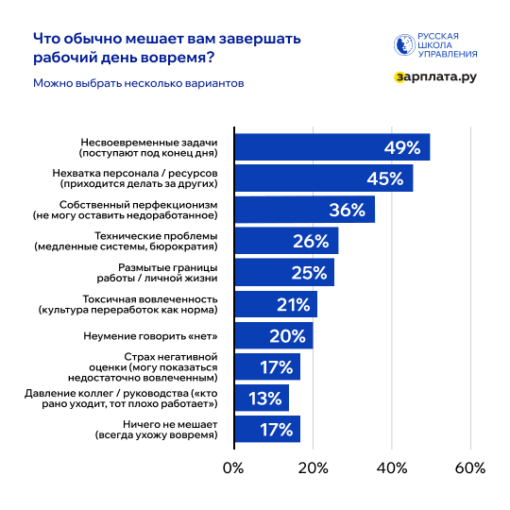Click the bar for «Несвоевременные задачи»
point(331,147)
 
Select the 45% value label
point(385,178)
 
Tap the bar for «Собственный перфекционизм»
point(303,210)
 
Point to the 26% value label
point(311,242)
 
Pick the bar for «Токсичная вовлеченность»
point(274,304)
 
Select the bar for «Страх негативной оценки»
point(266,366)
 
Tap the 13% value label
point(266,398)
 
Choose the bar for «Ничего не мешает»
point(266,429)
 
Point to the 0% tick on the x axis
point(232,467)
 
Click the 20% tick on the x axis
point(313,467)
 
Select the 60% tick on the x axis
point(469,467)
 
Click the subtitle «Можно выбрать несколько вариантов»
point(139,83)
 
